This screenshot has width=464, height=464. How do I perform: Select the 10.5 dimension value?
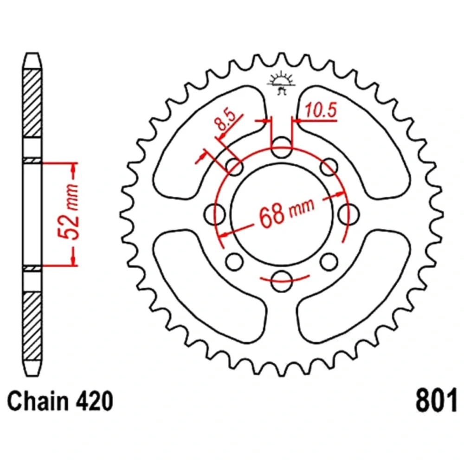coord(321,110)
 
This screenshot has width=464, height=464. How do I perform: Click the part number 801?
coord(436,401)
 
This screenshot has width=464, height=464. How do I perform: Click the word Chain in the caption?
coord(37,401)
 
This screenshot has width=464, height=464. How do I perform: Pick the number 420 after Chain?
coord(94,401)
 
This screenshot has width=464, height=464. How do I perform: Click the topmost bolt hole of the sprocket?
coord(282,148)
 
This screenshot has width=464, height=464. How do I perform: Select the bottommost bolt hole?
coord(282,281)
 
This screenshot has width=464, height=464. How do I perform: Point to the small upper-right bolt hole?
coord(329,167)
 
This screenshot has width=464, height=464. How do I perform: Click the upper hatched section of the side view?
coord(32,103)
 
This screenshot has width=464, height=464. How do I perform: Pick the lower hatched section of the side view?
coord(32,326)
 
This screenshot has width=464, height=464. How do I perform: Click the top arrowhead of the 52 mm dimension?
coord(74,168)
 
